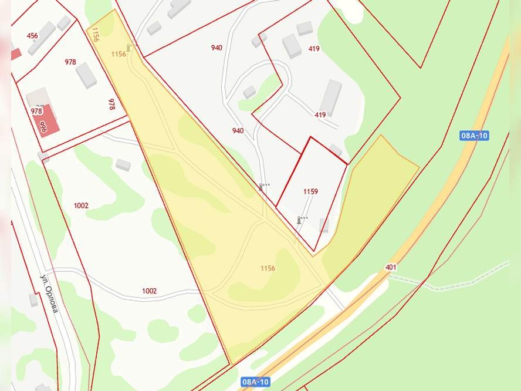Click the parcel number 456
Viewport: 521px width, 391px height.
click(x=32, y=36)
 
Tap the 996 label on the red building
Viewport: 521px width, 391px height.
click(x=43, y=127)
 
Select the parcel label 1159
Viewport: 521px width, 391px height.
click(x=310, y=192)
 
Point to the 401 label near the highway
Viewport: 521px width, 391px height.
click(x=391, y=268)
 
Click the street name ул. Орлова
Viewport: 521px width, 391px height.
click(x=49, y=293)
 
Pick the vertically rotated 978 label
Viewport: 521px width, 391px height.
click(x=111, y=104)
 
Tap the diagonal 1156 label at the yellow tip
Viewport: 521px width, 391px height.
click(x=95, y=33)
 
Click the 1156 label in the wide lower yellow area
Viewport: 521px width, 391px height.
click(x=268, y=268)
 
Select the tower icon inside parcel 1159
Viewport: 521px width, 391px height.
click(x=300, y=220)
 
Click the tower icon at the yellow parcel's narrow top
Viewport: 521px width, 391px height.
click(x=128, y=47)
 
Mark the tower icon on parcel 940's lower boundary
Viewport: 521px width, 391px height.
click(x=262, y=187)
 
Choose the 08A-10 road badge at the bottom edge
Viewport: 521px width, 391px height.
click(x=255, y=382)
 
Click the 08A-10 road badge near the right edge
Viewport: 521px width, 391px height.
click(x=474, y=136)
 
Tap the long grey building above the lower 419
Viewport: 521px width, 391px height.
click(x=330, y=97)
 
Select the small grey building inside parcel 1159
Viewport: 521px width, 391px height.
click(x=324, y=224)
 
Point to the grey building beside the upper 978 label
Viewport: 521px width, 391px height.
click(x=86, y=75)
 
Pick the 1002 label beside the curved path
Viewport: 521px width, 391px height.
click(x=149, y=291)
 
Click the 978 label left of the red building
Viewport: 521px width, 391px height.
click(x=36, y=111)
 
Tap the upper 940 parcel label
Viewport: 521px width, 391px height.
click(x=217, y=48)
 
